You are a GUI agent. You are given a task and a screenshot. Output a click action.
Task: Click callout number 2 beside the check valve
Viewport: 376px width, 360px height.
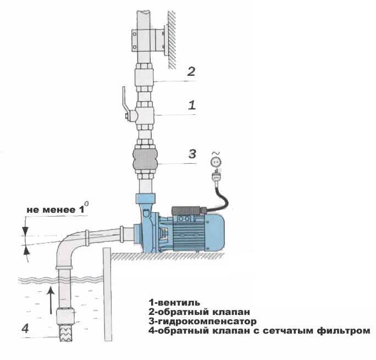(191, 71)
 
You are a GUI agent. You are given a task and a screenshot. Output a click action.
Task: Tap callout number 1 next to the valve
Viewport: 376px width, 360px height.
(192, 105)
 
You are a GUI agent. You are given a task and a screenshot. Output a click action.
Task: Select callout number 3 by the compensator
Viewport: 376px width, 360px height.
(192, 154)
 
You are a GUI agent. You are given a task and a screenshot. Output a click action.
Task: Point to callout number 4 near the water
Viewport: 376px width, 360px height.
(25, 328)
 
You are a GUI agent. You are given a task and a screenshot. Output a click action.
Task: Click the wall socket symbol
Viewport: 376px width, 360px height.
(215, 162)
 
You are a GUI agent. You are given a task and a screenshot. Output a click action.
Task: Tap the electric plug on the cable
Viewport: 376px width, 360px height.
(216, 175)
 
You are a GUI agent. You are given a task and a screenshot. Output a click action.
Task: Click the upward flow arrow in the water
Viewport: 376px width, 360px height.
(51, 300)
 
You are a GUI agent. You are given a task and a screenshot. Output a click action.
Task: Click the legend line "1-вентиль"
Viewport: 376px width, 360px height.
(174, 302)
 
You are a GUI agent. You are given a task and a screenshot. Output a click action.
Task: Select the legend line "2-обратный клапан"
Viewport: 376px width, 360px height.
(200, 312)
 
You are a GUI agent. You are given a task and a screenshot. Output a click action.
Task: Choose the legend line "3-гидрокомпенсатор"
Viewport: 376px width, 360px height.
(203, 321)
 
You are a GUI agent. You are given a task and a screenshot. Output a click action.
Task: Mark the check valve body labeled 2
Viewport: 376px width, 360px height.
(144, 77)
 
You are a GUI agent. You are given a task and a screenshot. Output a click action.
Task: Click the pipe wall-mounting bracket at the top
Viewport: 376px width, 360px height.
(149, 40)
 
